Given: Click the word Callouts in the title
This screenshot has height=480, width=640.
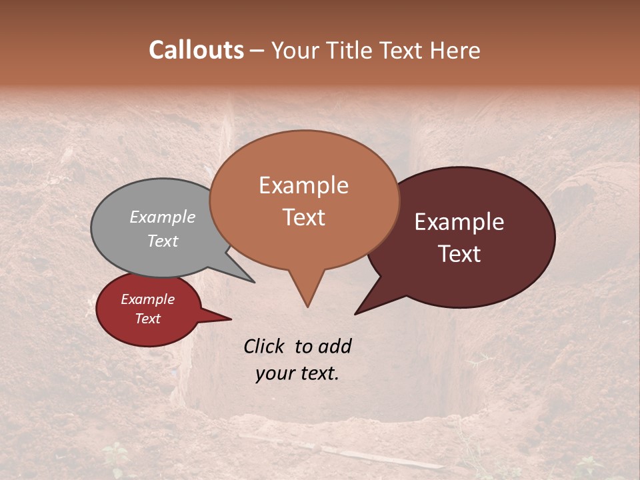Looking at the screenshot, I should pyautogui.click(x=196, y=50).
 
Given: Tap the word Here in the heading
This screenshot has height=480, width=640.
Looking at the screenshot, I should pyautogui.click(x=456, y=50).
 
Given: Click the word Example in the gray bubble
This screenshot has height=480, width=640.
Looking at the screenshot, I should pyautogui.click(x=163, y=217).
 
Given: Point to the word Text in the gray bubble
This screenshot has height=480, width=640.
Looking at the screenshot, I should pyautogui.click(x=163, y=241).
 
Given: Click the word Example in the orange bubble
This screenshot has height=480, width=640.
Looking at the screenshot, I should pyautogui.click(x=303, y=185).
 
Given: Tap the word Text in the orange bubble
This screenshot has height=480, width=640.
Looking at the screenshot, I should pyautogui.click(x=303, y=217).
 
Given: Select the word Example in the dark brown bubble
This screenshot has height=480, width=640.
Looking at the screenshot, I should pyautogui.click(x=459, y=222).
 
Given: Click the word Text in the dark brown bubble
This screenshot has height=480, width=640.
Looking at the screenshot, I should pyautogui.click(x=459, y=254).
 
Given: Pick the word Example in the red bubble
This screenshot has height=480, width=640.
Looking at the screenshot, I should pyautogui.click(x=148, y=299).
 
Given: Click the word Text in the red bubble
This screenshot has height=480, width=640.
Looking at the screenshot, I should pyautogui.click(x=148, y=319).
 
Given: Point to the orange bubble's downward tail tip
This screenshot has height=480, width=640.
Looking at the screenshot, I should pyautogui.click(x=307, y=306).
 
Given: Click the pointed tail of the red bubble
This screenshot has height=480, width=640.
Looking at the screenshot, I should pyautogui.click(x=229, y=319).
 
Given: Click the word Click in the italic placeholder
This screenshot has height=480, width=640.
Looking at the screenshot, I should pyautogui.click(x=265, y=346).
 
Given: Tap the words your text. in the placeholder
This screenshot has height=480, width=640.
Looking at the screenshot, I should pyautogui.click(x=297, y=374).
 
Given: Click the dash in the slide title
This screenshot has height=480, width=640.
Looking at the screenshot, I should pyautogui.click(x=257, y=50).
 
